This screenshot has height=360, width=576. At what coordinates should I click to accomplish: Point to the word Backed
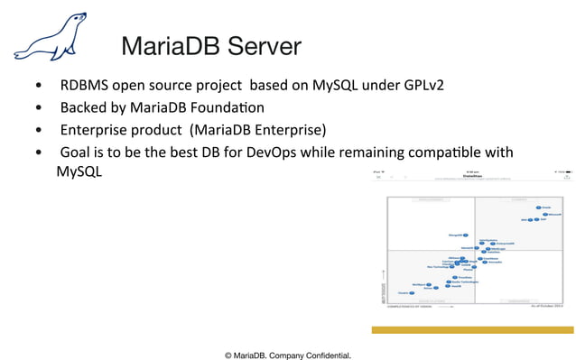tap(82, 107)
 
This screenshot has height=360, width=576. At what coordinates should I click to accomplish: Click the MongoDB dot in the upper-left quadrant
tap(465, 235)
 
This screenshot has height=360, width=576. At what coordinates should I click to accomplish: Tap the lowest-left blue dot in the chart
tap(413, 292)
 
